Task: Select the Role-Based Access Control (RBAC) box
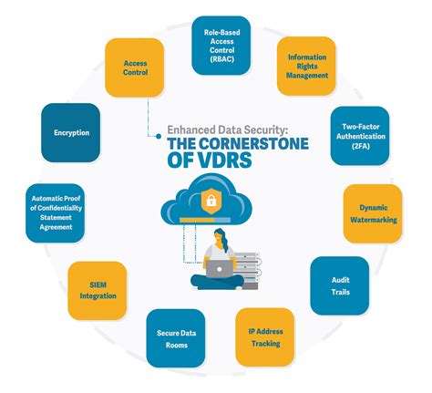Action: (x=221, y=45)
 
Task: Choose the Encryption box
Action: (x=71, y=133)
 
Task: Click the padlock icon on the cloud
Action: (x=210, y=200)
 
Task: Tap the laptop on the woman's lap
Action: (x=220, y=268)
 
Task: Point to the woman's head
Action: (x=221, y=240)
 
